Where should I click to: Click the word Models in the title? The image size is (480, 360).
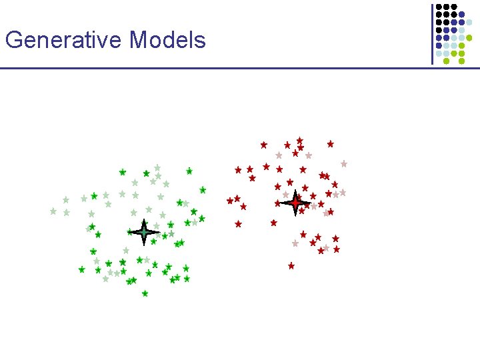[x=168, y=41]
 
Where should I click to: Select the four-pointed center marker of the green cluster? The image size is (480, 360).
[x=143, y=232]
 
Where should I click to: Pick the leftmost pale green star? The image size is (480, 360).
[x=53, y=211]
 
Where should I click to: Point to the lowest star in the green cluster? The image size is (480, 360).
[x=145, y=293]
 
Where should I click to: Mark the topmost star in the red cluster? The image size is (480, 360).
[x=299, y=140]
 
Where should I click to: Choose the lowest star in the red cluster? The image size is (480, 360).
[x=291, y=265]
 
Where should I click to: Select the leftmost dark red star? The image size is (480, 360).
[x=230, y=200]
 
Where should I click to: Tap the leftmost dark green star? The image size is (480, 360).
[x=81, y=269]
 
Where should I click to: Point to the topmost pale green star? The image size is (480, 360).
[x=157, y=168]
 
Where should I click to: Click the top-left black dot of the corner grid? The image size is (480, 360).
[x=439, y=7]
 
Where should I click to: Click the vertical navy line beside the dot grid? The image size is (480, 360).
[x=432, y=33]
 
